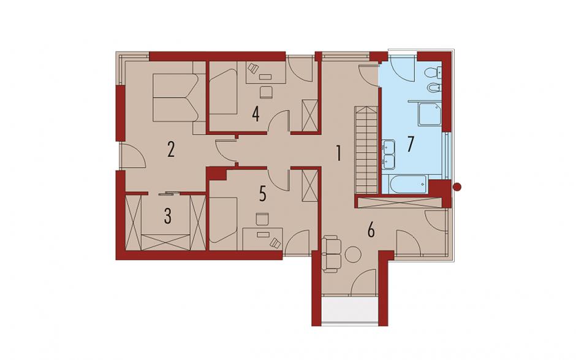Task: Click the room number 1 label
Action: [x=338, y=153]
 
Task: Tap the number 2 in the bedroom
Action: [x=171, y=150]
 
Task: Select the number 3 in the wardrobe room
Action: [x=167, y=216]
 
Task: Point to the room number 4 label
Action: [x=256, y=114]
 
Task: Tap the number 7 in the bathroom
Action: [x=411, y=144]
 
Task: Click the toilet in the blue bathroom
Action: [x=433, y=73]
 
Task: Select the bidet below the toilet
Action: [x=433, y=88]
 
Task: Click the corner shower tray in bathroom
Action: [x=430, y=114]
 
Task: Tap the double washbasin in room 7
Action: [x=387, y=155]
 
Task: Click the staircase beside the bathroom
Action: [x=366, y=149]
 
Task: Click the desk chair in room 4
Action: [x=266, y=92]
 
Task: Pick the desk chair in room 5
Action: [x=262, y=218]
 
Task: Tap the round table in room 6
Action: [x=354, y=255]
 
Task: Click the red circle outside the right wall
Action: [x=457, y=187]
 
